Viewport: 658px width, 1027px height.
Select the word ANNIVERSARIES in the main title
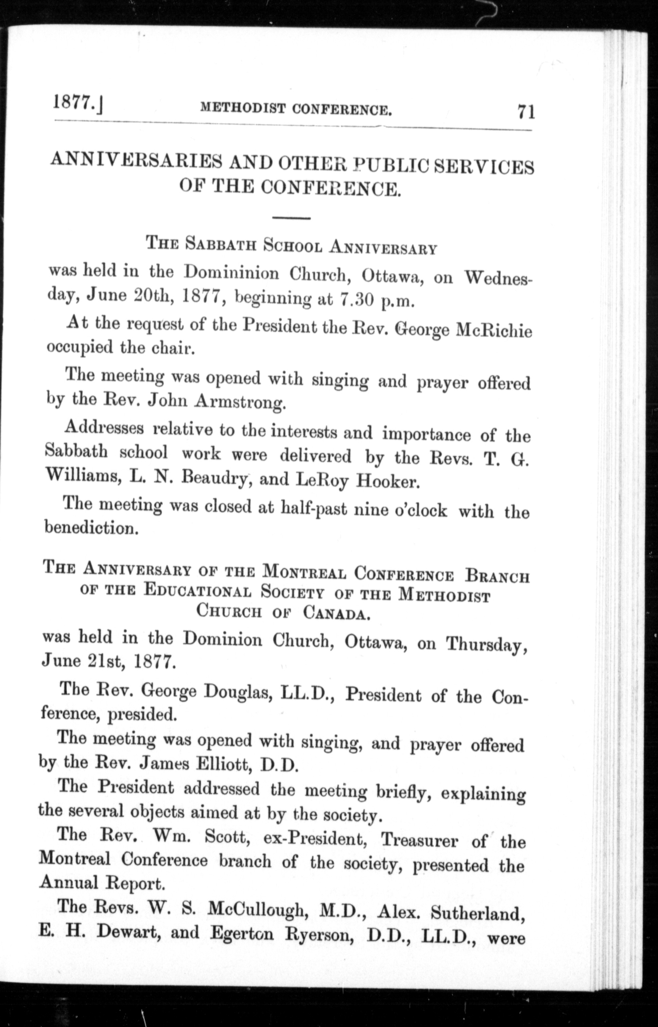coord(136,161)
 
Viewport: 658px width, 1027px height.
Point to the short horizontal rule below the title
coord(291,218)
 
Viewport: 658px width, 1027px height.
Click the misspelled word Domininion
coord(231,272)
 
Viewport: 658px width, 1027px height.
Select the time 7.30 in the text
coord(356,301)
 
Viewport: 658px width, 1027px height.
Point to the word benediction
coord(91,528)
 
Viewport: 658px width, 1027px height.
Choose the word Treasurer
coord(419,841)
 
